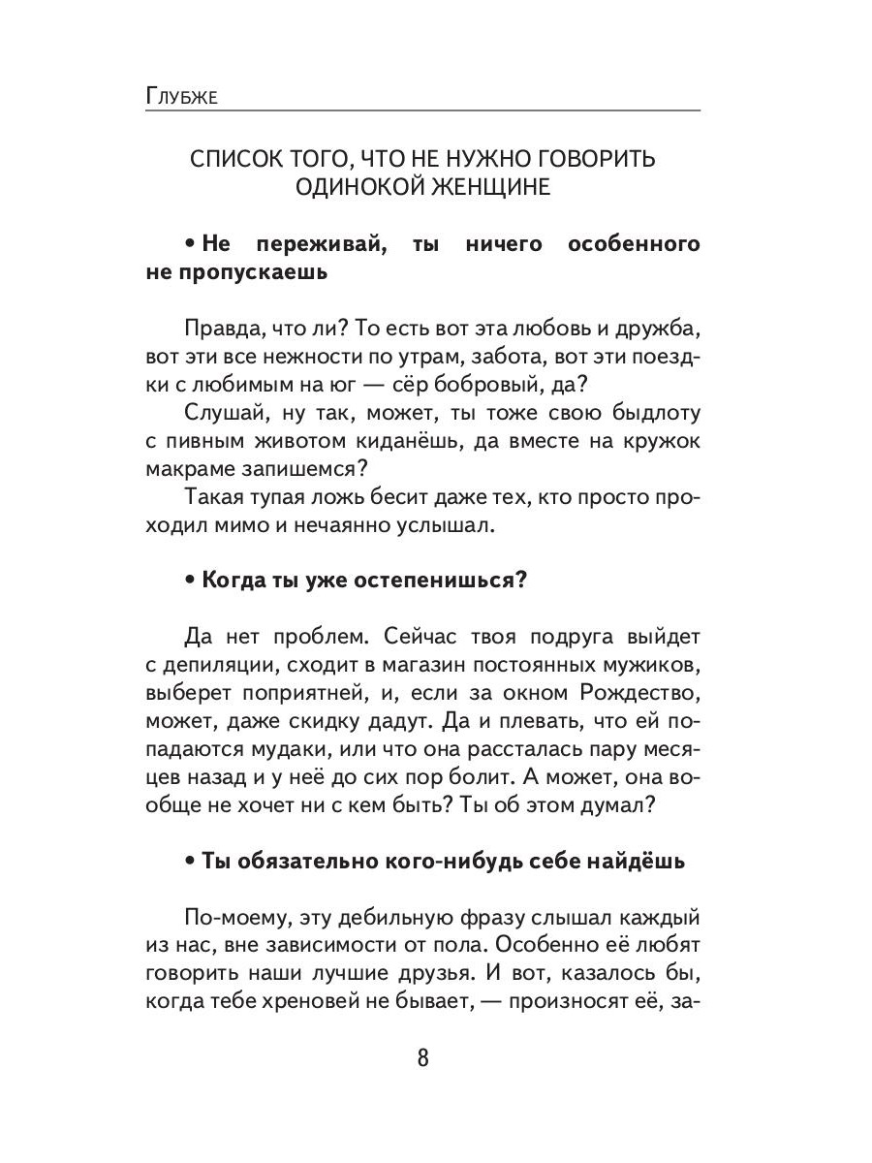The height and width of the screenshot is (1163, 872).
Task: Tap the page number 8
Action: (x=422, y=1056)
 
